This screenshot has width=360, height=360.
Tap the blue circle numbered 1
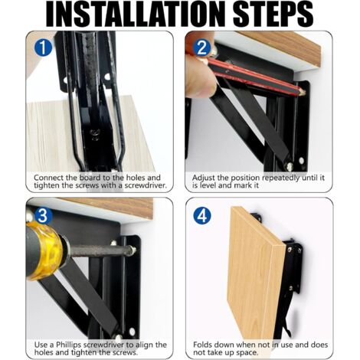point(43,47)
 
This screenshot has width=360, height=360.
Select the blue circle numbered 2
point(202,47)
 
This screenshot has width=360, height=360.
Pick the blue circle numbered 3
point(43,215)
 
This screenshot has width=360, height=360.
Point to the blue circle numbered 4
point(202,215)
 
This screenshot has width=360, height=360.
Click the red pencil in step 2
point(255,77)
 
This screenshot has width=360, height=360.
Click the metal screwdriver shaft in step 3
point(101,250)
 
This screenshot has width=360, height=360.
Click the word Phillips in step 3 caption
point(68,345)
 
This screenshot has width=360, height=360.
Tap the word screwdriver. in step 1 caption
point(146,185)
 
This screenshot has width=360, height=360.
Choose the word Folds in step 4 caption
point(202,345)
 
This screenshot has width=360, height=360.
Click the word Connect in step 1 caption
point(48,178)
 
